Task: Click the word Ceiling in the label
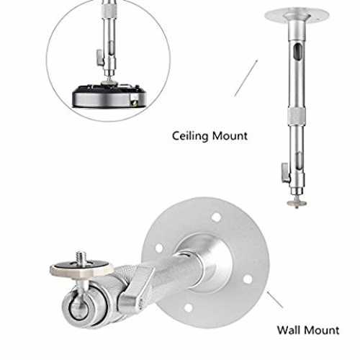coord(190,136)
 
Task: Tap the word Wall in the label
coord(291,330)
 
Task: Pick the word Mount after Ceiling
coord(230,136)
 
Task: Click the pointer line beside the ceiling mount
coord(246,78)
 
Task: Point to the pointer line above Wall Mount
coord(275,300)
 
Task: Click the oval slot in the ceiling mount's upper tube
coord(298,53)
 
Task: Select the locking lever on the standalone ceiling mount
coord(286,173)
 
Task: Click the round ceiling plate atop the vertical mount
coord(297,15)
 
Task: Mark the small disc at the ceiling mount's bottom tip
coord(297,203)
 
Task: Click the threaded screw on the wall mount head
coord(80,258)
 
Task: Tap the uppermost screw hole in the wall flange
coord(216,217)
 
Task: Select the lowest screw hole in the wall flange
coord(189,308)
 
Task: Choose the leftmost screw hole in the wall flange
coord(158,248)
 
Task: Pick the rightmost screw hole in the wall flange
coord(248,279)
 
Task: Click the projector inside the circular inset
coord(109,95)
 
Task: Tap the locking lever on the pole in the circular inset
coord(100,58)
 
